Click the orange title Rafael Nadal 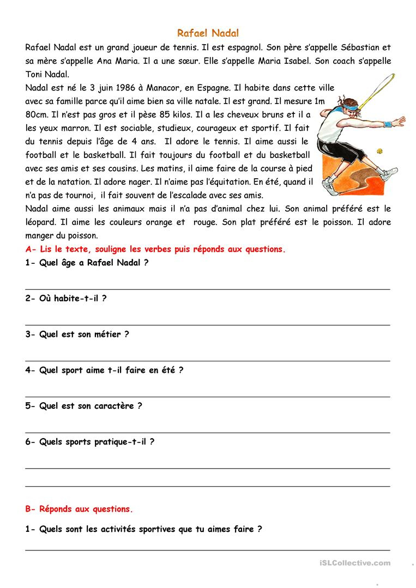coord(208,33)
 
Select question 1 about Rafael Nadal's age coord(87,263)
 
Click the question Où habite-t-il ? coord(65,299)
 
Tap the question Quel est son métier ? coord(77,335)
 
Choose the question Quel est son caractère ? coord(83,406)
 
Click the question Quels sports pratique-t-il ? coord(89,442)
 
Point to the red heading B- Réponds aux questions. coord(79,510)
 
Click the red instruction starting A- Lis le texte coord(155,249)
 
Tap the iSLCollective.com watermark coord(353,563)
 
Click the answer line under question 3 coord(208,361)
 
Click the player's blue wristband coord(388,125)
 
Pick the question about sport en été coord(104,370)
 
